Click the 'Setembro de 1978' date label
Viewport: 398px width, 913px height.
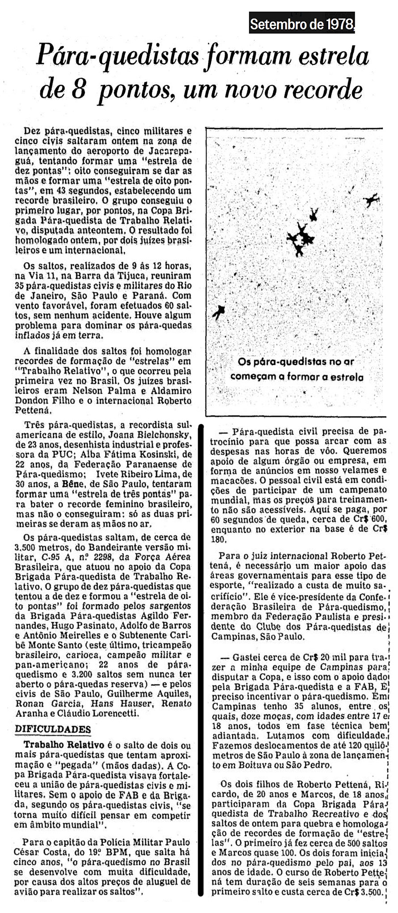point(302,24)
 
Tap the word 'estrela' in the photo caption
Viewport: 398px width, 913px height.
point(347,377)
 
